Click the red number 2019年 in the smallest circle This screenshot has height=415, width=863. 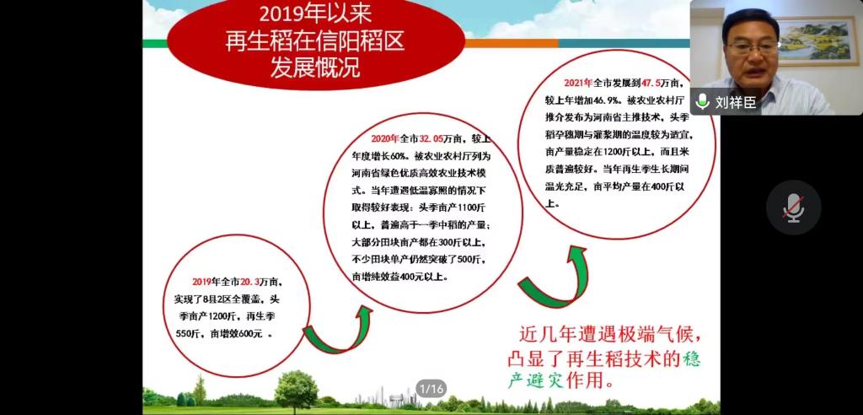click(206, 282)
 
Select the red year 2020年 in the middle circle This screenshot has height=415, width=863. click(385, 139)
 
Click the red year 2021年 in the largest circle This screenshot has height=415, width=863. click(578, 84)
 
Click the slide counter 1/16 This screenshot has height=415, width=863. click(431, 389)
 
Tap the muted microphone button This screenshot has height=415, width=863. click(793, 207)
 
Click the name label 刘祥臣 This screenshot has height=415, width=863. click(736, 102)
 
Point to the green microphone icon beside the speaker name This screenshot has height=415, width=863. click(702, 101)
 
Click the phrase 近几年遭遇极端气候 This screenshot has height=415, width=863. click(610, 335)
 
